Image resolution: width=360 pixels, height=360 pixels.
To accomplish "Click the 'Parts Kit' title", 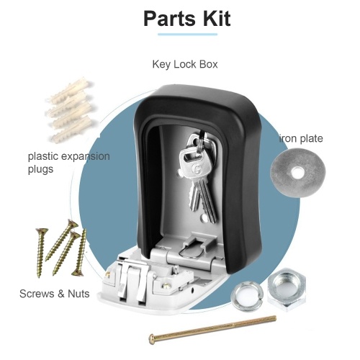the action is [187, 19].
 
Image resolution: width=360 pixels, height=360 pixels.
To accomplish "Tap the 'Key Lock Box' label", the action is [185, 64].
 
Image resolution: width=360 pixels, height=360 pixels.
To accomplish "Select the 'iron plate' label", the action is [301, 138].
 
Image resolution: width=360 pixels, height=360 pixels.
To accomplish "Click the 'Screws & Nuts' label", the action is [55, 294].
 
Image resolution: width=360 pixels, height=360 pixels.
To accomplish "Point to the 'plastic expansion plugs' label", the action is [69, 163].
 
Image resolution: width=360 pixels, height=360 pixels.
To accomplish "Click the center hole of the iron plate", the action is [297, 172].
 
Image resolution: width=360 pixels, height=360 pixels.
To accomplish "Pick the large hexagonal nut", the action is [287, 289].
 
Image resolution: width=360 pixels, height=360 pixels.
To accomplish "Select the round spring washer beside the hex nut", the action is [247, 297].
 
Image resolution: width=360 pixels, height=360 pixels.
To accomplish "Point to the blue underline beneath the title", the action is [187, 35].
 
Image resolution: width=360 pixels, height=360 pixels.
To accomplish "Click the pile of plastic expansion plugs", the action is [71, 109].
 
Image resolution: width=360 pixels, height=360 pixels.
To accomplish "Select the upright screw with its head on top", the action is [41, 253].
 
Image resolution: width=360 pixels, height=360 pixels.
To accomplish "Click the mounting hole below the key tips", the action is [204, 217].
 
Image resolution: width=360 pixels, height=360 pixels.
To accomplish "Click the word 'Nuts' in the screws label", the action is [78, 294].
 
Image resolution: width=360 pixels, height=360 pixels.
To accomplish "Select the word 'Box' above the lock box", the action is [208, 64].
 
